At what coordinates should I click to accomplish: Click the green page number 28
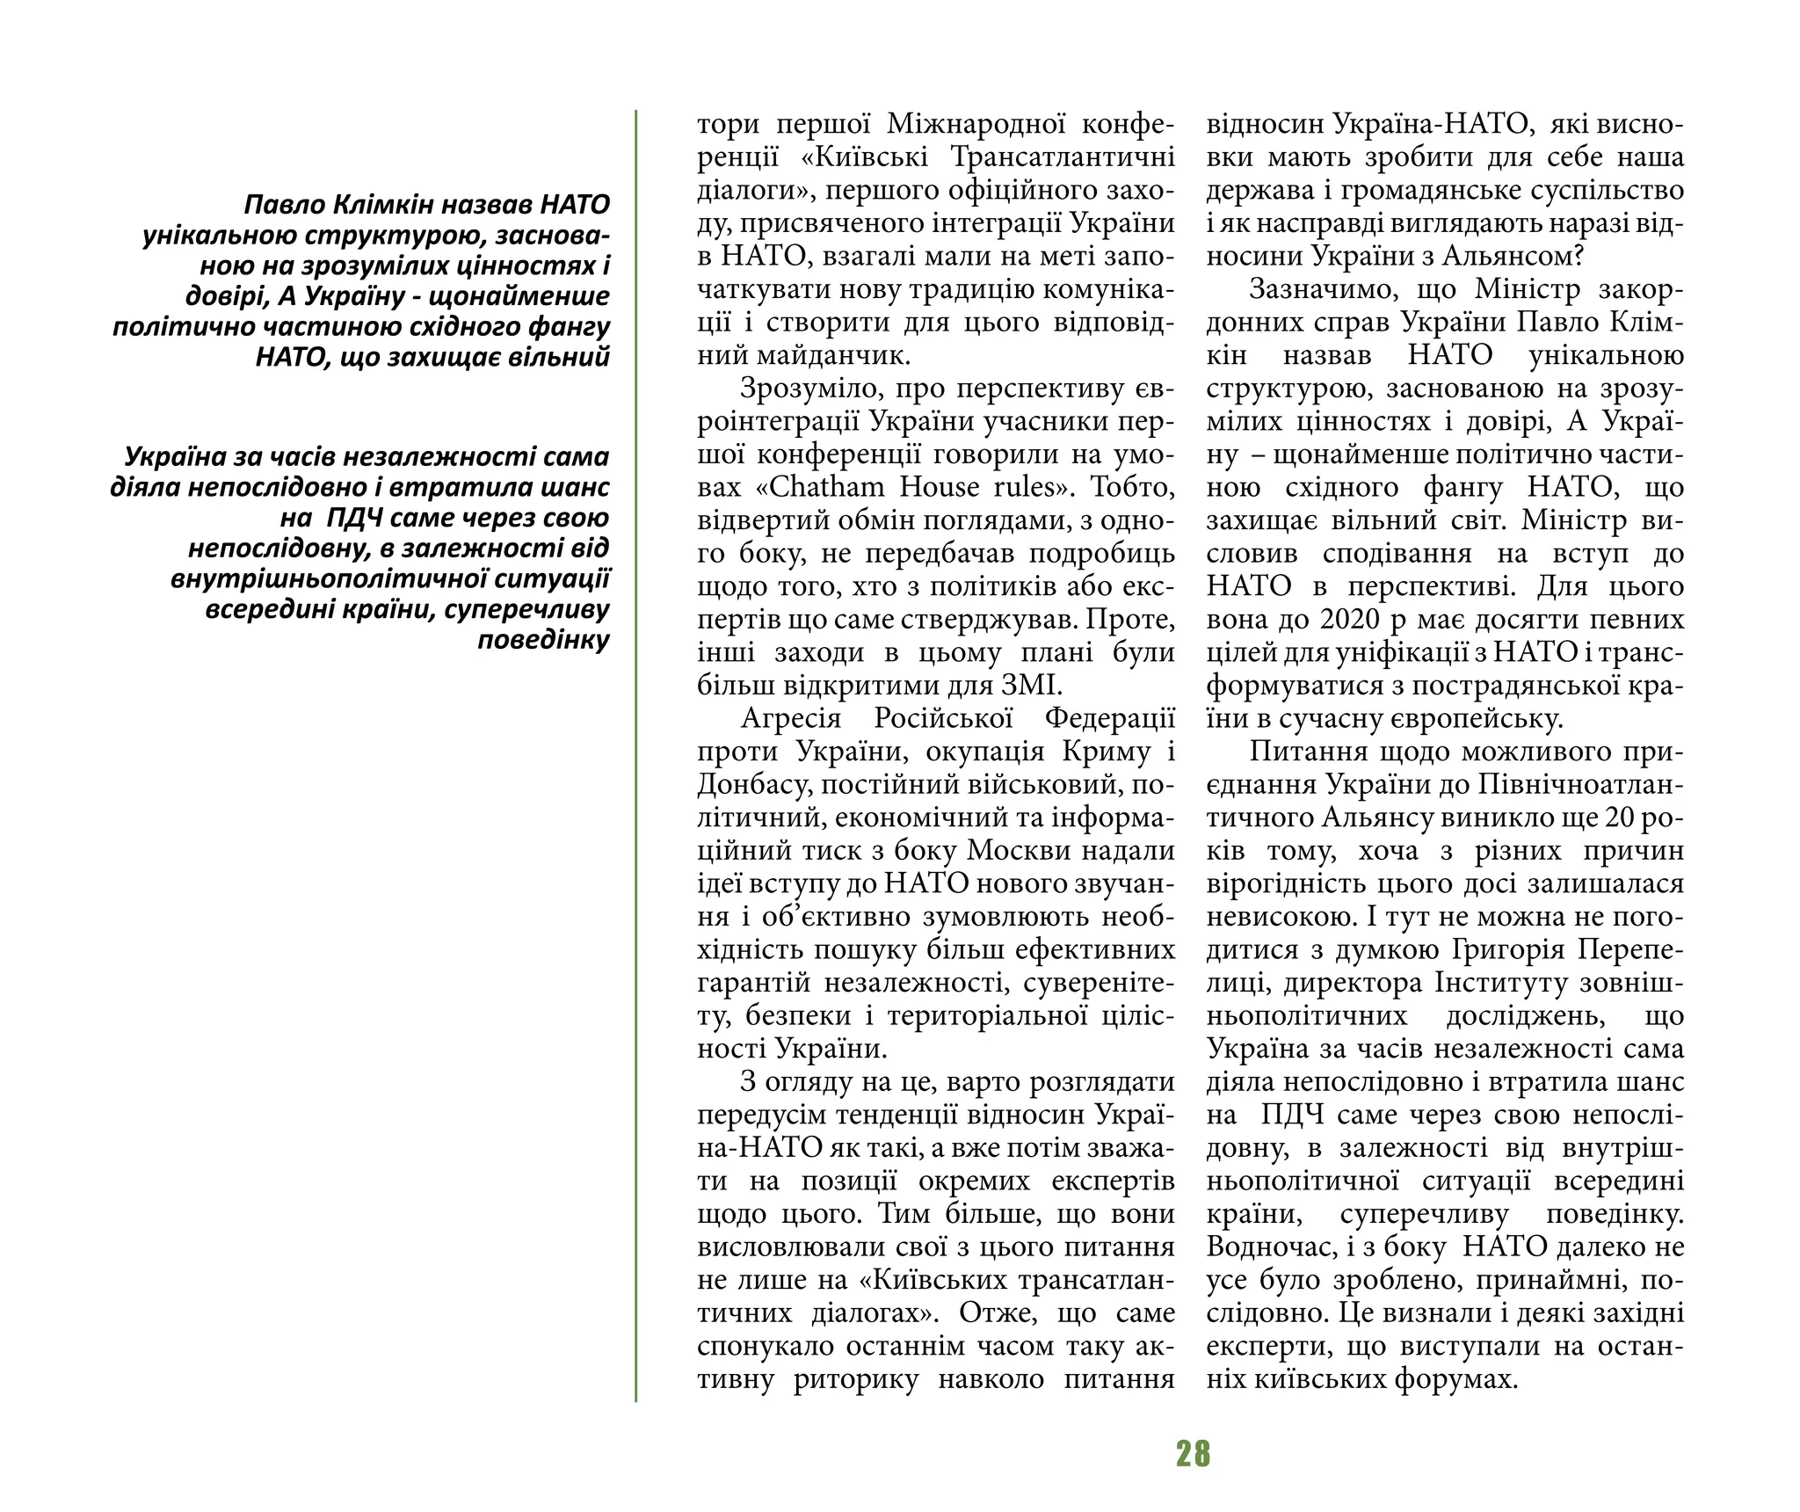pos(1193,1454)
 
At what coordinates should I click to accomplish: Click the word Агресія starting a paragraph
pos(791,718)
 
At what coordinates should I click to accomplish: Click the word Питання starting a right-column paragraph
pos(1306,752)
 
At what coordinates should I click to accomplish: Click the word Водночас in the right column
pos(1267,1247)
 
